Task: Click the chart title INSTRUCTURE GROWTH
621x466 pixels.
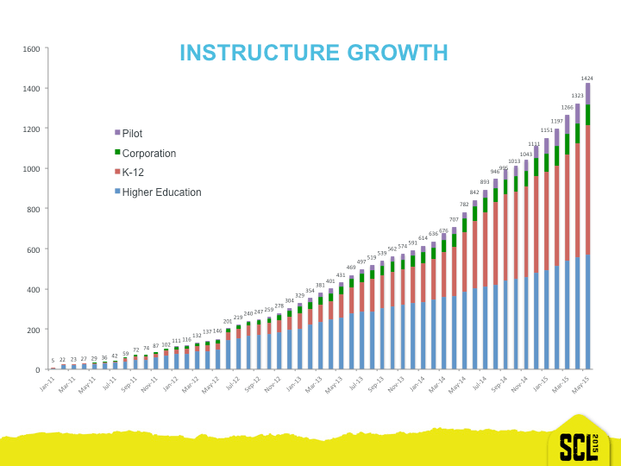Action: point(313,53)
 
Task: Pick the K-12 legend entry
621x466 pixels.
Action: point(138,173)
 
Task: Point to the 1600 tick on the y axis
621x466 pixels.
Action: point(30,48)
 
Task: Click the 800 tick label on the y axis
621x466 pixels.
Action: point(33,209)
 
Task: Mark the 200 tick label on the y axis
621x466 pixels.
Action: point(33,330)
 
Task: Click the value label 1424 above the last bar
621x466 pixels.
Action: point(586,79)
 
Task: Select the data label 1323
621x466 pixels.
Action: point(576,97)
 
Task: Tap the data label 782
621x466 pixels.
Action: point(464,205)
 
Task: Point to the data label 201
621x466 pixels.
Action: point(228,321)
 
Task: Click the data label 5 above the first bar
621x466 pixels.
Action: point(53,361)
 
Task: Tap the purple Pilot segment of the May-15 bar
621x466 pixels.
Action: point(587,93)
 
